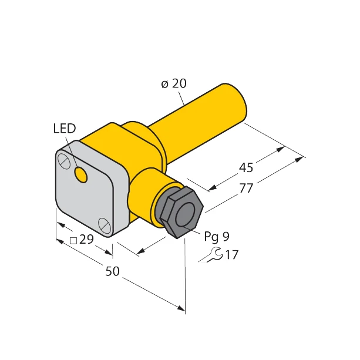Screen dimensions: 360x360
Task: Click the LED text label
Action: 64,129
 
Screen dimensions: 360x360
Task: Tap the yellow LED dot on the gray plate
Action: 82,175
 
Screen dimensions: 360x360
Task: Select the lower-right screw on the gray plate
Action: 105,224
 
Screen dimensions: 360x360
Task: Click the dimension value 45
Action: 246,168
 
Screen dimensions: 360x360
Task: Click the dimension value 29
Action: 86,240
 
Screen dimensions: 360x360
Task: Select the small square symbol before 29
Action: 73,240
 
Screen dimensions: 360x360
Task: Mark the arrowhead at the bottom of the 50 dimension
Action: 181,308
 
